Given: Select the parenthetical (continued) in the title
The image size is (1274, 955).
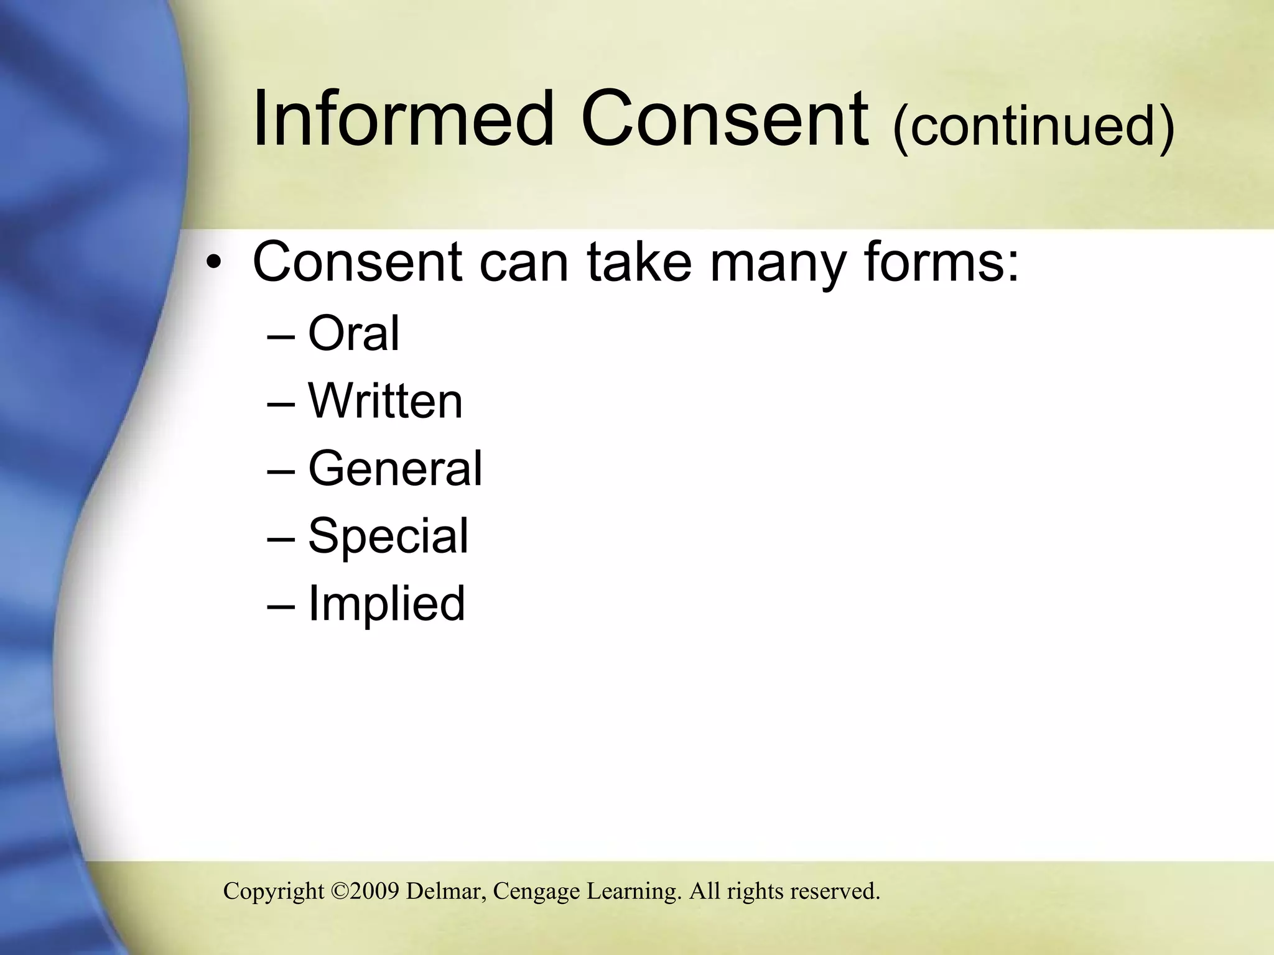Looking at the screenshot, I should pos(1033,126).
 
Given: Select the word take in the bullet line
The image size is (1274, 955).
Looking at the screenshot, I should pos(639,261).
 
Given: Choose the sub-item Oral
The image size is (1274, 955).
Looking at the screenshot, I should pos(353,333).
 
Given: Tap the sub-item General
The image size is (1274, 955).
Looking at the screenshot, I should pos(395,468).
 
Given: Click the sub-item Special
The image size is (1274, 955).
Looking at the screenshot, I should pos(388,536).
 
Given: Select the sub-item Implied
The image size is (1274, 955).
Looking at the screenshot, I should pos(386,603).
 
